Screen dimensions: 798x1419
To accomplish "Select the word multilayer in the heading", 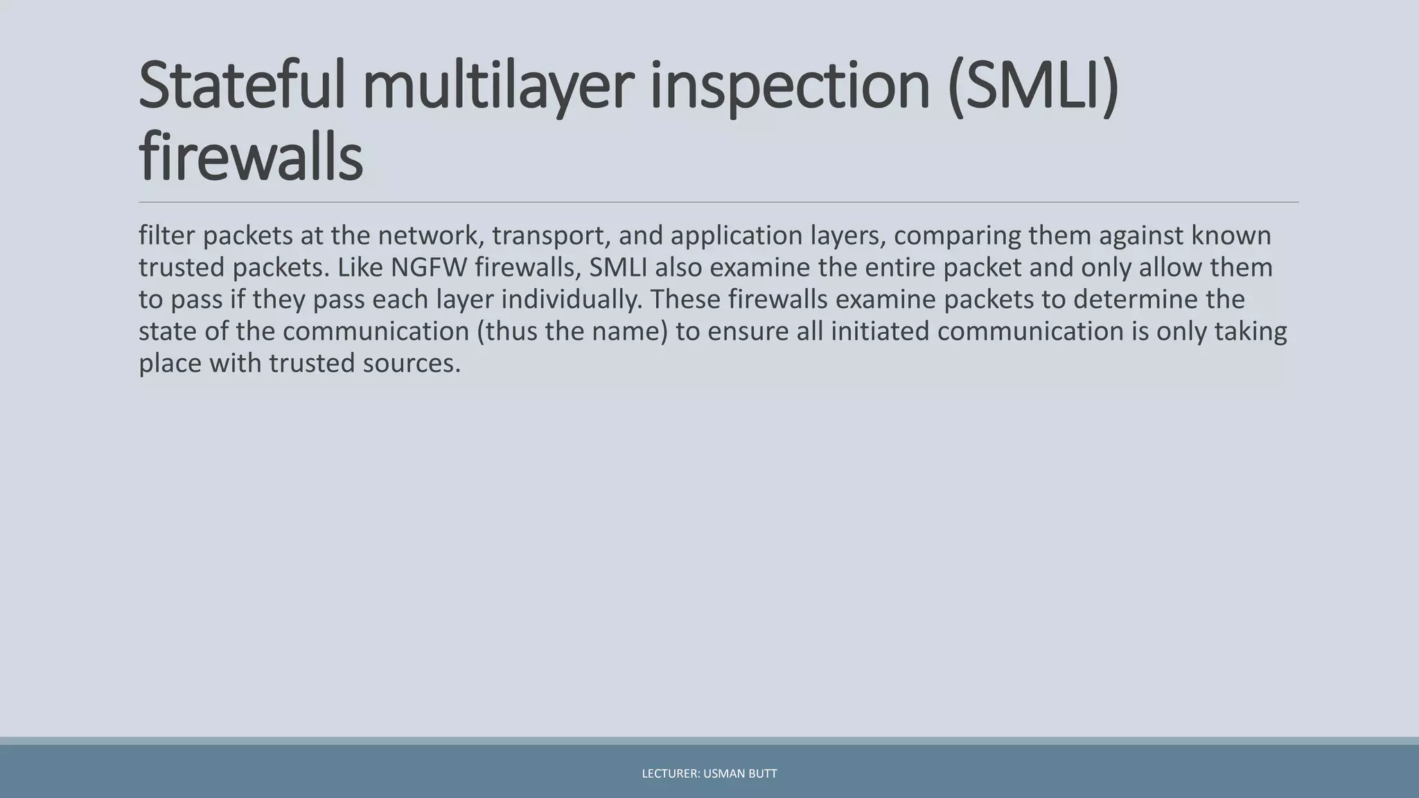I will coord(497,86).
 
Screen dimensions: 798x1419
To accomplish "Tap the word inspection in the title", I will coord(789,86).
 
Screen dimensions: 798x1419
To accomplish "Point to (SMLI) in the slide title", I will coord(1032,86).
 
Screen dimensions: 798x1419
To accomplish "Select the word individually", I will coord(572,299).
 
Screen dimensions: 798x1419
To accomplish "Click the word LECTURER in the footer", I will coord(670,774).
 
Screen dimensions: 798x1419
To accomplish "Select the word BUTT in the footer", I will coord(762,774).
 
